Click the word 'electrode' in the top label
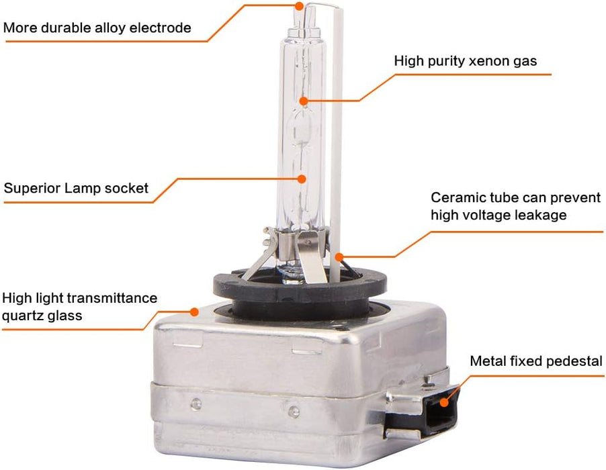click(x=160, y=28)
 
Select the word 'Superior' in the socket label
click(x=32, y=189)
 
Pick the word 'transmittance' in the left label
click(x=112, y=298)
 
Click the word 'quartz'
click(x=22, y=316)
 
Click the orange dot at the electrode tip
click(x=299, y=6)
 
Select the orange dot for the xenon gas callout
click(x=304, y=101)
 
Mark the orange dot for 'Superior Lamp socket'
click(x=302, y=179)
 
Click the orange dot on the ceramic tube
click(x=339, y=257)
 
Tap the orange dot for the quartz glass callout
click(x=194, y=312)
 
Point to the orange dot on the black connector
click(x=444, y=403)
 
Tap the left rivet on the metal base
click(x=196, y=404)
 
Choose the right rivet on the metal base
click(x=294, y=411)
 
